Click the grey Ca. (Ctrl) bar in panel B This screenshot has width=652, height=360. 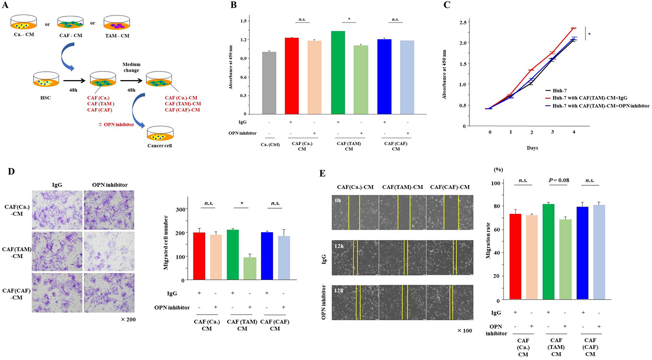(269, 83)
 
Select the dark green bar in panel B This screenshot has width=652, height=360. (338, 73)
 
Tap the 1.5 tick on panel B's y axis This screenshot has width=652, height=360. (244, 21)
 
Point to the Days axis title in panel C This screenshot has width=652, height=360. (532, 148)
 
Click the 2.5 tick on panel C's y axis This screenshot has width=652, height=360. (463, 22)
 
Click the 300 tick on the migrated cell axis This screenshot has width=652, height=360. (181, 209)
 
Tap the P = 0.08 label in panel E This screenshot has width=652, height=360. (559, 180)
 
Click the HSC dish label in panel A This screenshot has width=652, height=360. (45, 98)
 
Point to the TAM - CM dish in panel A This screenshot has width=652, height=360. (117, 23)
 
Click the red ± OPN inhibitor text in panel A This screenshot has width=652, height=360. (116, 124)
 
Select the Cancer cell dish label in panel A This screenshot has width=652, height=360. (159, 146)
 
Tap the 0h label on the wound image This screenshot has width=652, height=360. (338, 200)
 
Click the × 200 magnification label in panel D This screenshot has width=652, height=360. (128, 319)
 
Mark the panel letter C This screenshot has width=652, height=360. (447, 5)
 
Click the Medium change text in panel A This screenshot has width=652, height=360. (131, 67)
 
